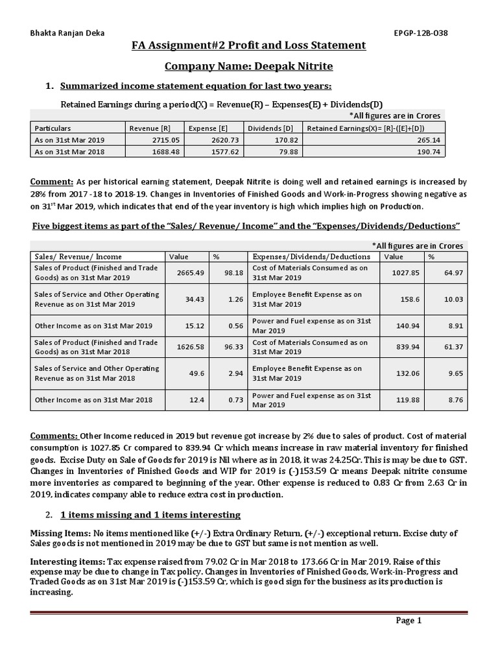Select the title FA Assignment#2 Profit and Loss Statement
point(249,45)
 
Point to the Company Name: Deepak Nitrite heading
point(249,65)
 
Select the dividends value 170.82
point(285,140)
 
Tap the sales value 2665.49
point(191,273)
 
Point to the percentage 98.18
point(233,273)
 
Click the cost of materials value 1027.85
point(406,273)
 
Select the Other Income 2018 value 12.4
point(195,400)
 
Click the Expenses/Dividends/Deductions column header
point(311,257)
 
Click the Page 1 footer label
point(409,621)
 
